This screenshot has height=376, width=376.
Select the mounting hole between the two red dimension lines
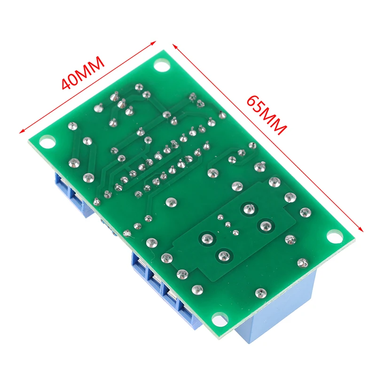click(x=162, y=65)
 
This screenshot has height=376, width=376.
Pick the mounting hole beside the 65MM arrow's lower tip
click(x=333, y=235)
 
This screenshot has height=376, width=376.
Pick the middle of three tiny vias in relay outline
click(x=229, y=225)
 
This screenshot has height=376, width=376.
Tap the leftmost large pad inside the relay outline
click(x=205, y=238)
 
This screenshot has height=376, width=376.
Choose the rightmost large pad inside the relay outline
click(x=265, y=225)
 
